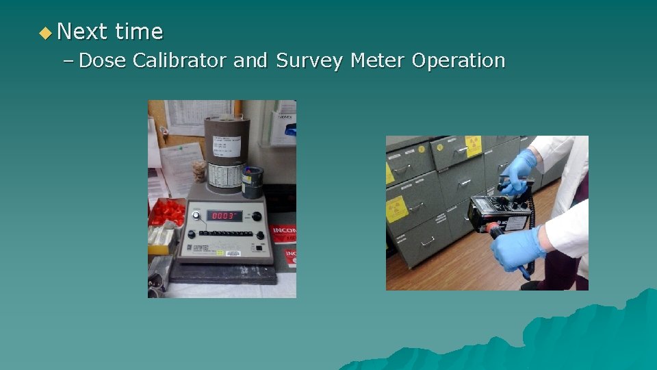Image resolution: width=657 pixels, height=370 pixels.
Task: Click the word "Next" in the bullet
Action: (82, 32)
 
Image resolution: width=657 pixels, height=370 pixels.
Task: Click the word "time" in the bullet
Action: (139, 32)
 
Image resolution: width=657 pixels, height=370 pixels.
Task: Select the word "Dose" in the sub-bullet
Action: (102, 60)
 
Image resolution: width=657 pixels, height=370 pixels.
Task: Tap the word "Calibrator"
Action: (179, 60)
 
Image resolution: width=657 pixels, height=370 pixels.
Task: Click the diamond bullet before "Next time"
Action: (45, 32)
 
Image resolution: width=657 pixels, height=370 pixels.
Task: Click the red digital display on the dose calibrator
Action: (225, 215)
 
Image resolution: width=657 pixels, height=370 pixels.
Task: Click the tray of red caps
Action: (167, 212)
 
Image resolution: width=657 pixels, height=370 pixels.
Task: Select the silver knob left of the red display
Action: (198, 216)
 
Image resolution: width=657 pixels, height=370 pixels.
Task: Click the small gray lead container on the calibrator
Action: (252, 182)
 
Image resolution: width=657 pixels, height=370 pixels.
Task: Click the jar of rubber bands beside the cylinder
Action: (200, 171)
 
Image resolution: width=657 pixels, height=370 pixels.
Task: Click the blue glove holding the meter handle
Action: (519, 169)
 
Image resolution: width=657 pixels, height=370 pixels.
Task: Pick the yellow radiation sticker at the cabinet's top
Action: (474, 146)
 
